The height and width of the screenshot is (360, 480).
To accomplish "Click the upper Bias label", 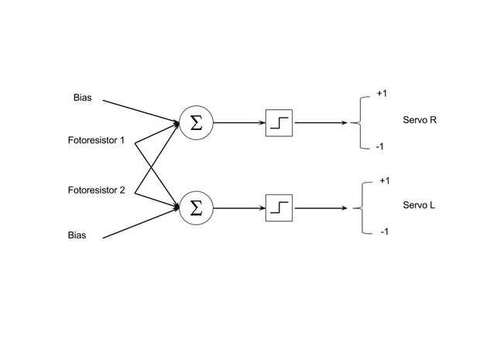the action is [x=82, y=98].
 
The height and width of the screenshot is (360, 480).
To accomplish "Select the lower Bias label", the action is [x=77, y=235].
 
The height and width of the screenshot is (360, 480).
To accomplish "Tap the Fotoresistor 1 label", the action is [x=96, y=140].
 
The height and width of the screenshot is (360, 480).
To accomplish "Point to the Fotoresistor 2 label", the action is [x=97, y=190].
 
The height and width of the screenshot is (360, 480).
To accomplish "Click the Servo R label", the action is [x=420, y=120].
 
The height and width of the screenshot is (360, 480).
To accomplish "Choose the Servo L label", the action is [x=419, y=205].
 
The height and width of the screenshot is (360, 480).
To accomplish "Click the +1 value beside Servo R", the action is [x=382, y=93].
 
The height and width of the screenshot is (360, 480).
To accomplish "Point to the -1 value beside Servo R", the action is [x=379, y=146].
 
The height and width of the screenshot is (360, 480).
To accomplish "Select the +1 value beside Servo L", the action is [x=385, y=180].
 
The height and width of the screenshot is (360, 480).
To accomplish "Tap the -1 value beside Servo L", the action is [x=385, y=231].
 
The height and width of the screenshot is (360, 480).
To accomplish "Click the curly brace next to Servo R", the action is [x=360, y=123].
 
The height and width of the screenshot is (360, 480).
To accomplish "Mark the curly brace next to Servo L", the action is [x=363, y=208].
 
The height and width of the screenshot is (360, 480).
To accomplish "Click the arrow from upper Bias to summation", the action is [x=141, y=111].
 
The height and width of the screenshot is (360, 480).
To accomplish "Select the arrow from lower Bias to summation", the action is [x=141, y=223].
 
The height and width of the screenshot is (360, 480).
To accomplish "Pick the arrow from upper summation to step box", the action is [x=239, y=123].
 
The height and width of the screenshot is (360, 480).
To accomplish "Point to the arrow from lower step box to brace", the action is [x=320, y=208].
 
